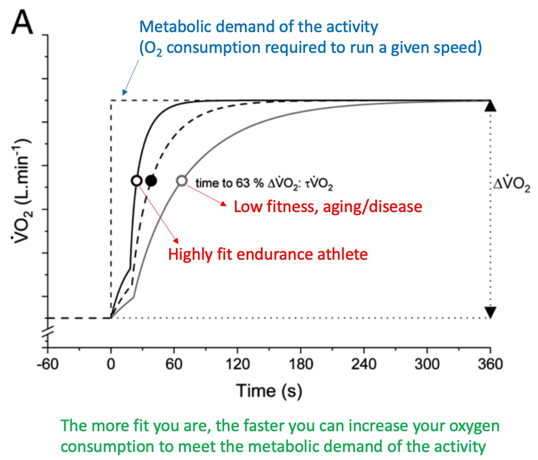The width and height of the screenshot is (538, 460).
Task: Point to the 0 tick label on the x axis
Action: [x=111, y=365]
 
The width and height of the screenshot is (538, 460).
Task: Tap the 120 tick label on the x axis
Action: [x=237, y=365]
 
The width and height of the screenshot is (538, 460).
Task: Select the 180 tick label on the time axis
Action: [x=301, y=365]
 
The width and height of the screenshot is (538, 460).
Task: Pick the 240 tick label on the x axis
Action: [x=364, y=365]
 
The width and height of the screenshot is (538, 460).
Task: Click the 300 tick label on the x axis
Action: [x=427, y=365]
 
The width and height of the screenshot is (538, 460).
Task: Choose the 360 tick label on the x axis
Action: [x=490, y=365]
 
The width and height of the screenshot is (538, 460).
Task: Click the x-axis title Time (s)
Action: [x=269, y=391]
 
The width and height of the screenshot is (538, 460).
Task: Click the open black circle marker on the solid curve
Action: [x=136, y=180]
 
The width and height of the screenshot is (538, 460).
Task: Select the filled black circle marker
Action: [x=151, y=180]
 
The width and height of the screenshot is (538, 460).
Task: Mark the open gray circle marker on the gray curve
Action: [x=182, y=180]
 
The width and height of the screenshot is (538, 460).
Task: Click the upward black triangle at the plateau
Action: [x=490, y=106]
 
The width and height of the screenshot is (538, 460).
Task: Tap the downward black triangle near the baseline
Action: [x=490, y=312]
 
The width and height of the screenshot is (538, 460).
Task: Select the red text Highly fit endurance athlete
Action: [x=268, y=255]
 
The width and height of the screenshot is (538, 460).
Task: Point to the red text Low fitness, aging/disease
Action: [x=328, y=206]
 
